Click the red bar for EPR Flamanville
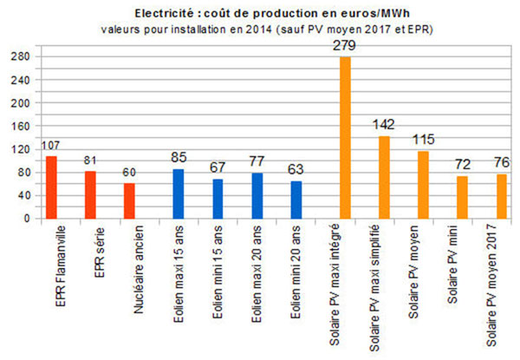tap(51, 187)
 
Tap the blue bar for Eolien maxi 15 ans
tap(179, 193)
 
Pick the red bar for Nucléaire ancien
tap(129, 200)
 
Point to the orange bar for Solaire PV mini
tap(462, 197)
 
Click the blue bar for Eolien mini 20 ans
tap(296, 200)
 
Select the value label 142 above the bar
tap(383, 124)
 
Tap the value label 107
tap(51, 145)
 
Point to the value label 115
tap(423, 140)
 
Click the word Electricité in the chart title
tap(164, 14)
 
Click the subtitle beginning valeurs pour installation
tap(259, 29)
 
